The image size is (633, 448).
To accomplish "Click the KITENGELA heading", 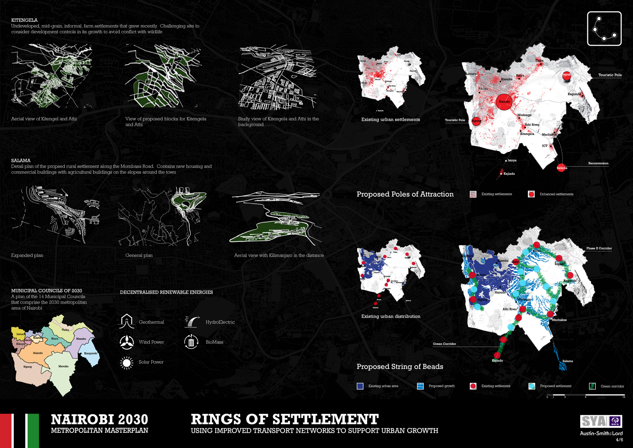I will (24, 20).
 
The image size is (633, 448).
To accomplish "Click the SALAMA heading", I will (21, 161).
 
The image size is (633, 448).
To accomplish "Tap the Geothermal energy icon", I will (126, 321).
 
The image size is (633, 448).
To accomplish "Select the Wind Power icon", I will (126, 342).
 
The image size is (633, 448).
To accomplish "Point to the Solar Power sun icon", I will (126, 363).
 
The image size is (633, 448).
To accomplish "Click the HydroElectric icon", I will (192, 321).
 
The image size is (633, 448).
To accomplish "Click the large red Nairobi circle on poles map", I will (504, 102).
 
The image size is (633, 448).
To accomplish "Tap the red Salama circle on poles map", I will (561, 167).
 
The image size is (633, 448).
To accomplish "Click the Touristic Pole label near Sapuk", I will (610, 75).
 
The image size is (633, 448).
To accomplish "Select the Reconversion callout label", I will (598, 163).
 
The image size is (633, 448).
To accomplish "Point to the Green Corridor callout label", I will (444, 344).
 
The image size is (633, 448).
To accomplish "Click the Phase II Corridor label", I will (599, 248).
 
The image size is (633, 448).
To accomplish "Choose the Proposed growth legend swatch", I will (420, 386).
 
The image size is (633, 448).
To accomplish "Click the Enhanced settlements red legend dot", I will (531, 194).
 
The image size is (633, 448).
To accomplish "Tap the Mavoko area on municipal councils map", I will (64, 366).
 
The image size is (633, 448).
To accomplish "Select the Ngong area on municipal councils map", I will (28, 367).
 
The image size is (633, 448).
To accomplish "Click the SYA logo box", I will (601, 421).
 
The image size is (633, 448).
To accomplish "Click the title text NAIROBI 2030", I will (99, 419).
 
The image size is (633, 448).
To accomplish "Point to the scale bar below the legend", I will (586, 395).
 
